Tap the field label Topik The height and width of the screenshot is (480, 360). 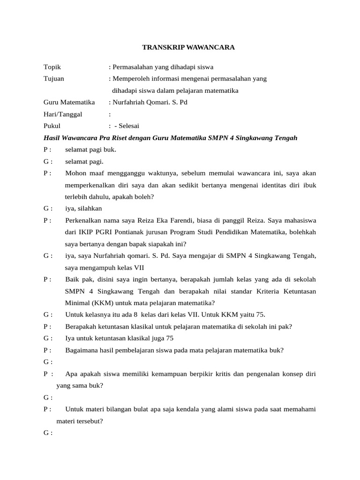point(52,67)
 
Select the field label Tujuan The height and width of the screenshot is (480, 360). point(54,79)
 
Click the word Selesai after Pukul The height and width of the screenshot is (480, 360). point(130,126)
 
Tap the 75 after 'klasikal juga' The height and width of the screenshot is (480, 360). point(170,338)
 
